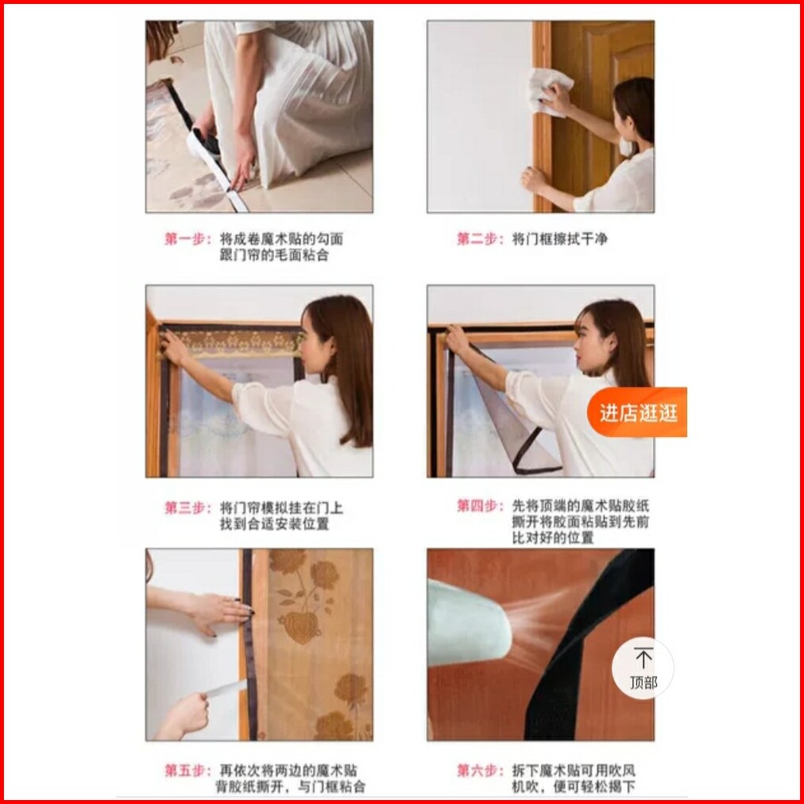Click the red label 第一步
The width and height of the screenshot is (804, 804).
187,239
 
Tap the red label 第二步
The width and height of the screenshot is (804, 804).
479,239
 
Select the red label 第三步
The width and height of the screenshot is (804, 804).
187,508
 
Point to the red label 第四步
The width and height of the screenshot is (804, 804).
479,506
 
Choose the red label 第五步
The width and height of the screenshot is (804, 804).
187,770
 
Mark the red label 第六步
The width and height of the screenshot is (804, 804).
479,770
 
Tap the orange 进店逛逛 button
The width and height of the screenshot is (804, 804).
637,413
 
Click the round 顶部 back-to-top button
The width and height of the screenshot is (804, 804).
643,668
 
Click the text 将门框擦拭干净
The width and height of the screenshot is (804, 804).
559,239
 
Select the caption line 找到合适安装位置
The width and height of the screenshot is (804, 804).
274,524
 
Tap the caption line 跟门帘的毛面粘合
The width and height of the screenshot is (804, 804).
274,255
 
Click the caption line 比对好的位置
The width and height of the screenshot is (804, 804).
553,538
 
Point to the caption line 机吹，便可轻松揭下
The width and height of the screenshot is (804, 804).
574,786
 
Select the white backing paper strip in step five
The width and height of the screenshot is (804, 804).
226,688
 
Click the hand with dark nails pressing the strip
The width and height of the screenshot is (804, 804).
222,611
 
